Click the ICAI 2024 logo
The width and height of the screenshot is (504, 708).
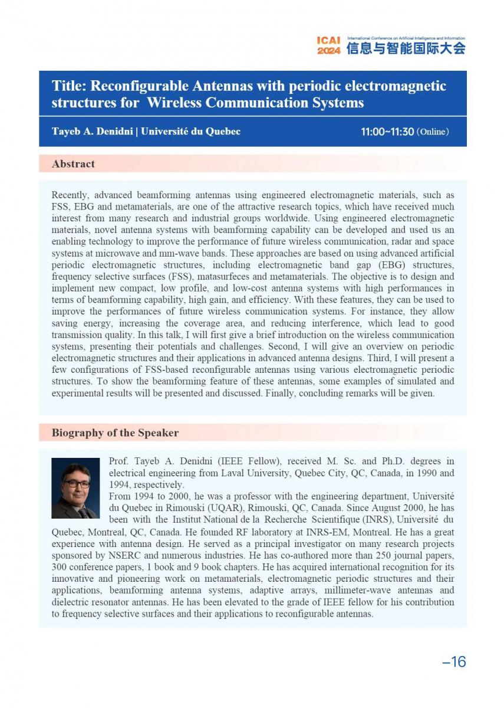[328, 46]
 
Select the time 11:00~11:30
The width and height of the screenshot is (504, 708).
[387, 132]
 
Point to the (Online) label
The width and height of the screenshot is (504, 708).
[433, 132]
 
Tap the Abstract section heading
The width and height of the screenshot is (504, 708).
[73, 164]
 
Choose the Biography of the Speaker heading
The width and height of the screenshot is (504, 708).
[115, 433]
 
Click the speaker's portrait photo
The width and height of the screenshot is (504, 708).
[75, 488]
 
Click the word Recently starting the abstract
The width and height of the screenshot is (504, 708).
[71, 195]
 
